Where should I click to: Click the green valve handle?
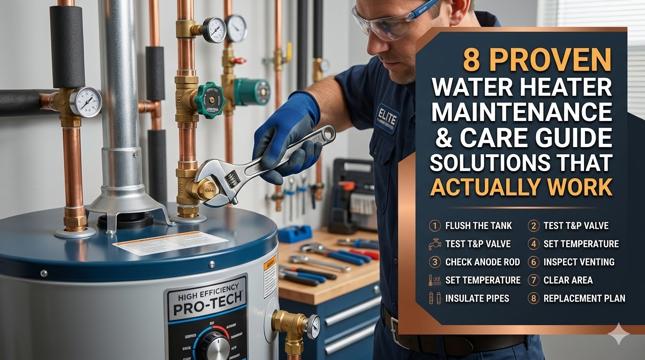pyautogui.click(x=210, y=100)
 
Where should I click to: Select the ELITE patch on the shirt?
pyautogui.click(x=387, y=118)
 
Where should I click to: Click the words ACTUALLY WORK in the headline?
pyautogui.click(x=521, y=187)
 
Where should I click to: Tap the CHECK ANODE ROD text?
pyautogui.click(x=482, y=262)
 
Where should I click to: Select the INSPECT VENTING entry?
pyautogui.click(x=578, y=262)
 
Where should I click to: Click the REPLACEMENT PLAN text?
pyautogui.click(x=584, y=298)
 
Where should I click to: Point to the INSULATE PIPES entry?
pyautogui.click(x=477, y=298)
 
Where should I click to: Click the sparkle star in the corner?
pyautogui.click(x=618, y=334)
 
